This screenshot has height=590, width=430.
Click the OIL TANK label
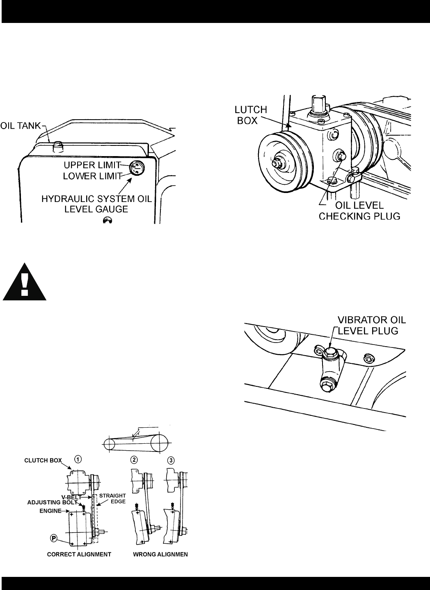21,126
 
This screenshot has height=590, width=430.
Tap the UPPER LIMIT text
92,165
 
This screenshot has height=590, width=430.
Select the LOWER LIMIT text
92,176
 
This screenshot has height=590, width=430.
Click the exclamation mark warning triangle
25,282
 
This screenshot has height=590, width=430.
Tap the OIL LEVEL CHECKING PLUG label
359,211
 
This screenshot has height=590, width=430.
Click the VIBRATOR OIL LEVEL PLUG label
372,325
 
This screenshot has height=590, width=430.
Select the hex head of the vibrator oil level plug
329,351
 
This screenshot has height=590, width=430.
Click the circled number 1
78,459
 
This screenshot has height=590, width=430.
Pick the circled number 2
134,460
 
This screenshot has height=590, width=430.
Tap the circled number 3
171,460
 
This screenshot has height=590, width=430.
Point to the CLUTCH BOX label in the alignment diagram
43,461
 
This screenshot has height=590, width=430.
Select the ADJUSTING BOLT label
52,503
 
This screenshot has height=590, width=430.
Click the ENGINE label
50,511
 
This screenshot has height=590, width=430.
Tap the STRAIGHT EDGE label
113,499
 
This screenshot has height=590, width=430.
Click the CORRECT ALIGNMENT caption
79,554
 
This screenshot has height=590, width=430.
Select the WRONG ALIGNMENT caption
160,554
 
